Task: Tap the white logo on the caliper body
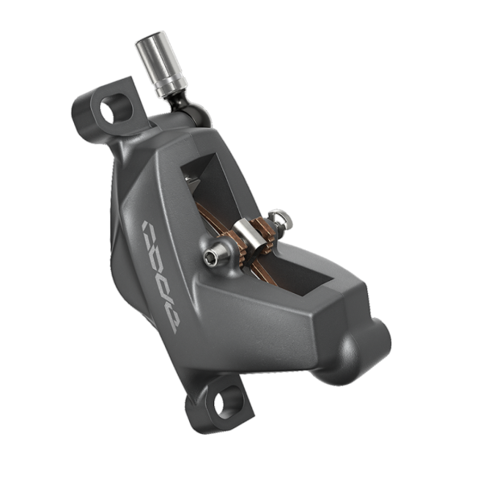click(162, 275)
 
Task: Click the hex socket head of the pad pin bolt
click(213, 257)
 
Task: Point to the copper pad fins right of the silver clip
click(270, 242)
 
